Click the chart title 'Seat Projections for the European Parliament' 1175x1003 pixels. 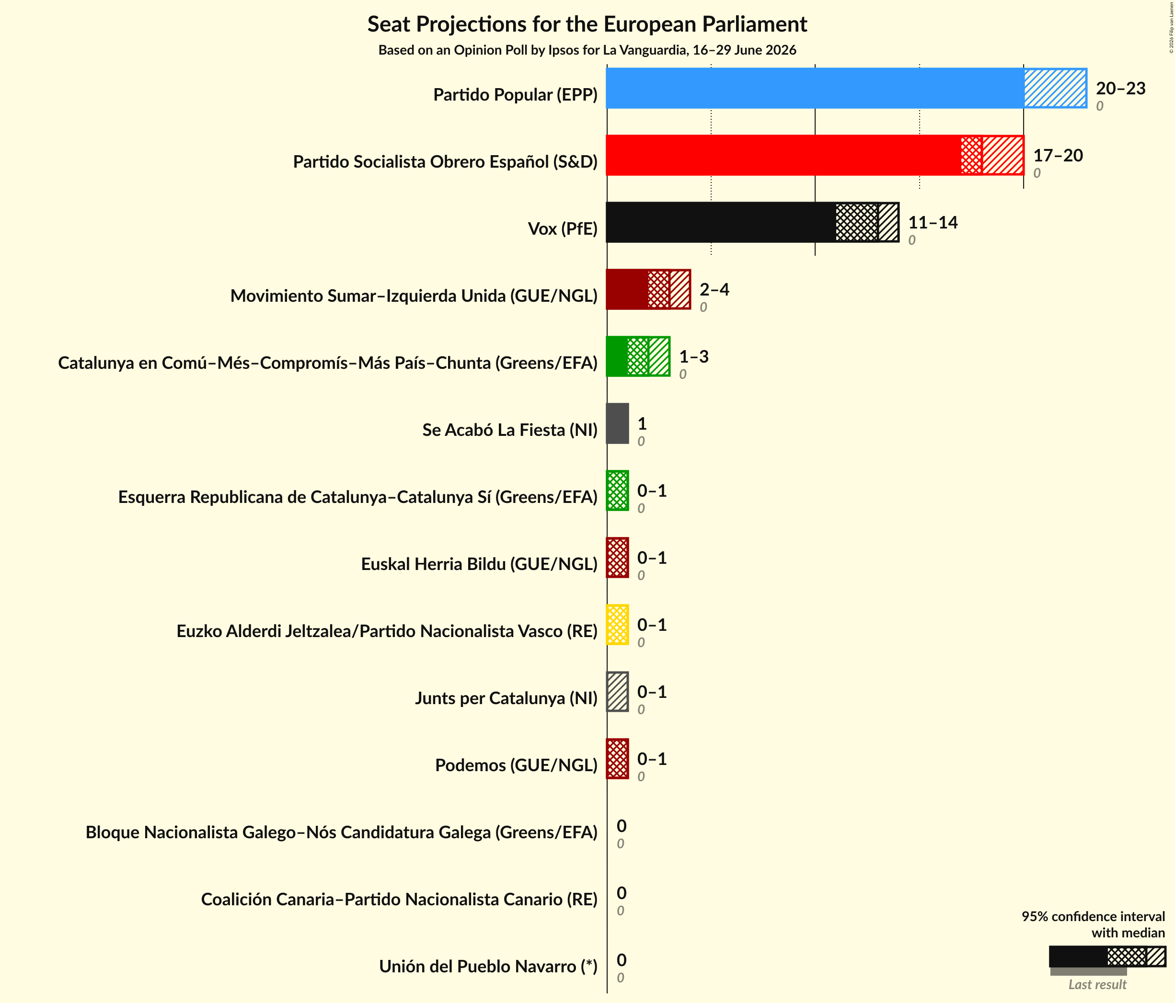(x=587, y=24)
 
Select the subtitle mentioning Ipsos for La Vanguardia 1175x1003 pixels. (x=587, y=50)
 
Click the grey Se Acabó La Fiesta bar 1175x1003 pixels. (x=618, y=423)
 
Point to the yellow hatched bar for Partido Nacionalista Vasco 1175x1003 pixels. (x=618, y=625)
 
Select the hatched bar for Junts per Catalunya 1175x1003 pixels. (x=618, y=692)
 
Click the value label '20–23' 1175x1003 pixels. (x=1120, y=89)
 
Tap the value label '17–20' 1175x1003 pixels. (x=1058, y=155)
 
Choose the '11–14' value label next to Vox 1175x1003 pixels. (x=933, y=222)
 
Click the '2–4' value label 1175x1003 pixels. (x=714, y=290)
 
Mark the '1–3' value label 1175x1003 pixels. (x=693, y=357)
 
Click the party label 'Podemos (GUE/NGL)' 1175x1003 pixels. (x=516, y=765)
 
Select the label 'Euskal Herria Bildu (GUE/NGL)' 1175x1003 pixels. (x=479, y=564)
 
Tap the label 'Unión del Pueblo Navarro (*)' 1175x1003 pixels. (x=488, y=966)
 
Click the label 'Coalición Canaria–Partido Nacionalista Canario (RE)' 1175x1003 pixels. (x=399, y=899)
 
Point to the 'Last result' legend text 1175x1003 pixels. (x=1097, y=984)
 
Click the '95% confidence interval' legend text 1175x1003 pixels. (x=1094, y=917)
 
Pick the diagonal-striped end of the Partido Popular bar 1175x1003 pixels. (x=1055, y=88)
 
